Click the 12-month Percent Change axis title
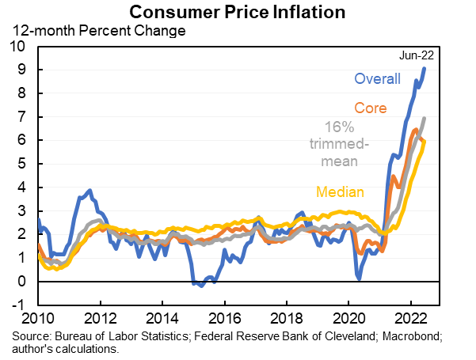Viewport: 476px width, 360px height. point(97,32)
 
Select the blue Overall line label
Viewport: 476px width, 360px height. point(377,79)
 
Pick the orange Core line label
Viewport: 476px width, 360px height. point(370,108)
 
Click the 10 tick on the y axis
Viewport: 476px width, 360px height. point(19,47)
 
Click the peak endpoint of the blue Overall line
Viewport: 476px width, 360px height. point(425,68)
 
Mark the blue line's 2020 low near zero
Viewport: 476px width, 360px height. point(359,278)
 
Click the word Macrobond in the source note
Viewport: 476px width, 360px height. point(410,339)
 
